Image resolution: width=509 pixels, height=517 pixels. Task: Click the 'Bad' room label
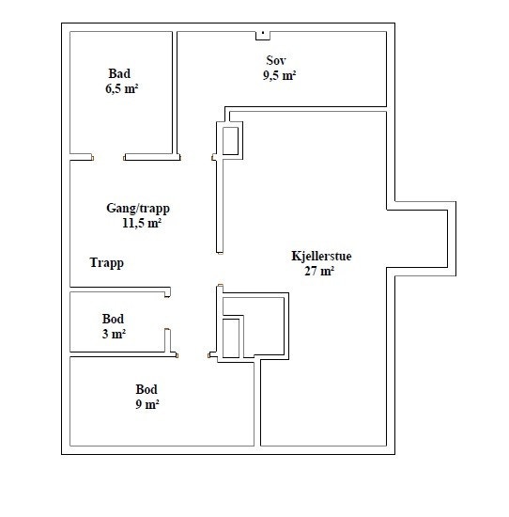pos(119,73)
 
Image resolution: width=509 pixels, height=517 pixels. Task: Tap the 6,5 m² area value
pos(122,90)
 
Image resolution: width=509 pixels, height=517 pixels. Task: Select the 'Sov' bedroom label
pos(276,60)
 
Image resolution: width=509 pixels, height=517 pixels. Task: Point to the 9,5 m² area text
pos(280,77)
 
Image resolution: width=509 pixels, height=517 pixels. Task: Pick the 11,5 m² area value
pos(141,224)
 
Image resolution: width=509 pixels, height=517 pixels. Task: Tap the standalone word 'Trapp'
pos(107,263)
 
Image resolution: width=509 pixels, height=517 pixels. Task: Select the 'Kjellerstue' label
pos(321,256)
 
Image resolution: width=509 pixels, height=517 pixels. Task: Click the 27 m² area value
pos(319,271)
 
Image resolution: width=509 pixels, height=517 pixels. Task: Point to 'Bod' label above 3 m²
pos(114,320)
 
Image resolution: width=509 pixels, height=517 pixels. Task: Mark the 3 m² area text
pos(114,334)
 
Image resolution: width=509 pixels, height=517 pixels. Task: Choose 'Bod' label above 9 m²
pos(146,389)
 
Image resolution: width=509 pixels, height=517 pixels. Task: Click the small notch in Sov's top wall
pos(263,36)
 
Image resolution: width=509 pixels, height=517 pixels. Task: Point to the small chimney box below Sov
pos(231,139)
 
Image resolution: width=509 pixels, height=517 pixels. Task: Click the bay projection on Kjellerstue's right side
pos(421,242)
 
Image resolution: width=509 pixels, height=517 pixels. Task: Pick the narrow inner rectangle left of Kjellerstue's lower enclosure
pos(232,337)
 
